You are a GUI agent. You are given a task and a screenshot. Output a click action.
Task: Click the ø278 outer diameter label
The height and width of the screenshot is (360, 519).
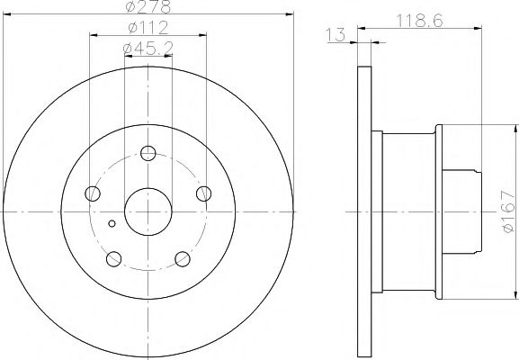coord(148,6)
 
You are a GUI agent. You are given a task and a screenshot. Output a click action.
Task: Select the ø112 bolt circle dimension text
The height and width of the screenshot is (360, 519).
coord(148,28)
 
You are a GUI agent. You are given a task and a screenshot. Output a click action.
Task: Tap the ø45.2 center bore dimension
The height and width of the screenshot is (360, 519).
coord(148,49)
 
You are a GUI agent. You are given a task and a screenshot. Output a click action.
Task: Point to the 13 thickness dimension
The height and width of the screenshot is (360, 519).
coord(336,35)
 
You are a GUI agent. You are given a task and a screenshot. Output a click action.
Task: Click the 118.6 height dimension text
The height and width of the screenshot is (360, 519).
coord(419,22)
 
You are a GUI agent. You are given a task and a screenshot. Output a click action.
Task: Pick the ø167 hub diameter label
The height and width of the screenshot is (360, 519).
coord(508,211)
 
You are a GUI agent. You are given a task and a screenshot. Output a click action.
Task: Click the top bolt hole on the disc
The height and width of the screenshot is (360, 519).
coord(148,153)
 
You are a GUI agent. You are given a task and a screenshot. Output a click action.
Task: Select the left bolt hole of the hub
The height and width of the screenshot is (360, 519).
coord(93,193)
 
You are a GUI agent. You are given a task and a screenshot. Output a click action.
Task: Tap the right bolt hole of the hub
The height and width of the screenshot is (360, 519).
coord(203,193)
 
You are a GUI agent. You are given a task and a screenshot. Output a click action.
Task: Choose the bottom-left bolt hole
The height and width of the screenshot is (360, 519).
coord(114,258)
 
